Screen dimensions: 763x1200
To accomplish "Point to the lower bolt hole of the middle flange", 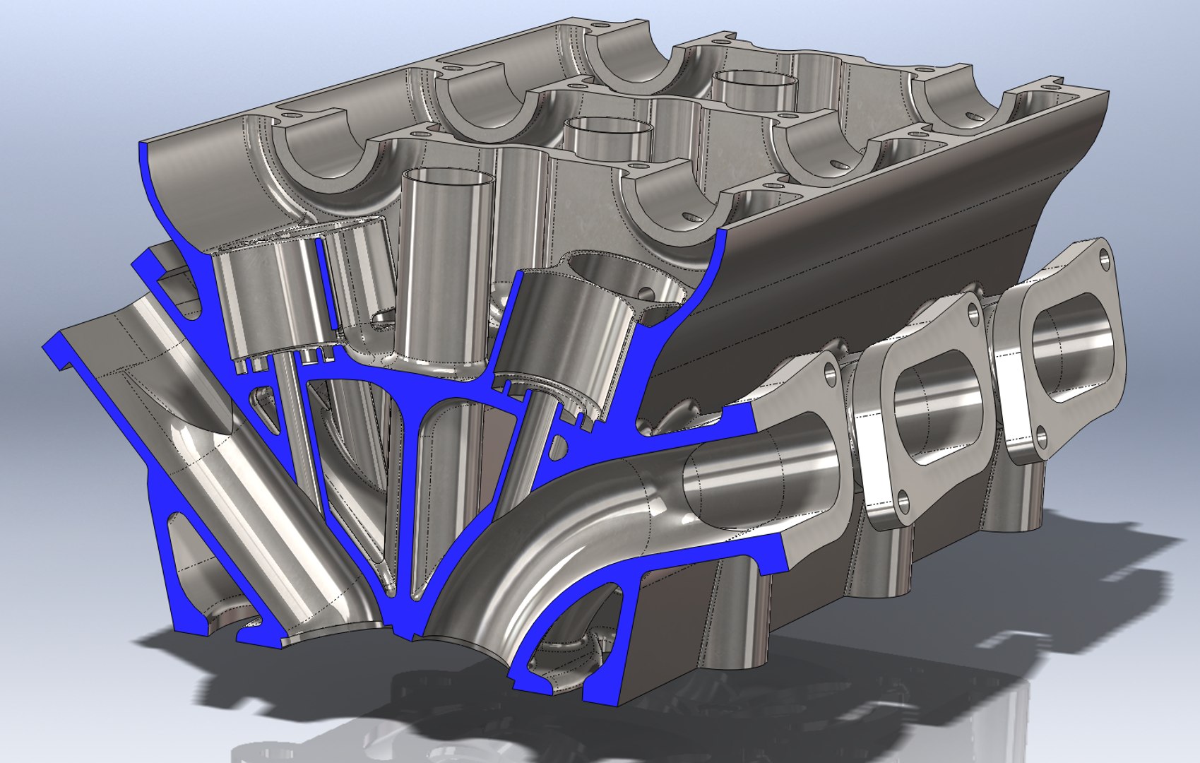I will (x=903, y=502).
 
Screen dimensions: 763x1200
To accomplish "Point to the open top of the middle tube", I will (x=607, y=127).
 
